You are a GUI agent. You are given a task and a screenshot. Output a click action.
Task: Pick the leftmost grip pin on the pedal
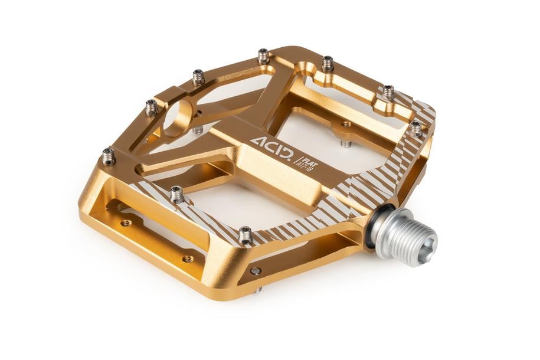tap(109, 156)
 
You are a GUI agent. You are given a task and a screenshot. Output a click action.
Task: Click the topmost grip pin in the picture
tap(264, 56)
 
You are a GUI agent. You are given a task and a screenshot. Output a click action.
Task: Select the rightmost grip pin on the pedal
tap(416, 128)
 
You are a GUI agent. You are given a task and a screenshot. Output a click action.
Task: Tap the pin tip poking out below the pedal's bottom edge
tap(258, 290)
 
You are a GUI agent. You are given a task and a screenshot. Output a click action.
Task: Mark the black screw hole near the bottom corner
tap(255, 271)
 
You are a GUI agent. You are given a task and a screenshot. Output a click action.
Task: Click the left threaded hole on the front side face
tap(126, 223)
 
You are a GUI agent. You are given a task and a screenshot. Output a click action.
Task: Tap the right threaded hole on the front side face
tap(188, 258)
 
